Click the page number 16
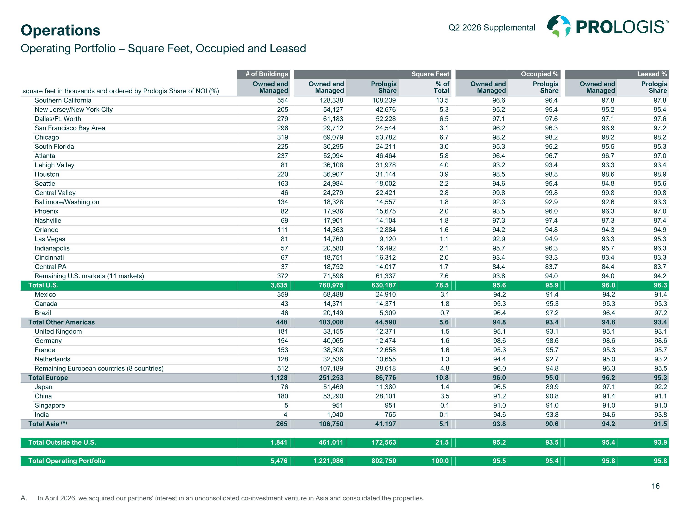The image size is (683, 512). click(655, 486)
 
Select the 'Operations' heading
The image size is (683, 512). click(61, 30)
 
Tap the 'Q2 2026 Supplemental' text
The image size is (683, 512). click(492, 28)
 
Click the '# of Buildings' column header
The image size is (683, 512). click(266, 74)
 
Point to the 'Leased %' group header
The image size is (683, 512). click(652, 74)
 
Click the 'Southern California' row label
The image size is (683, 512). click(63, 100)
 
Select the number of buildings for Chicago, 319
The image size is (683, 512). click(283, 137)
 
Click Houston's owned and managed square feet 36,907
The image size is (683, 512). click(333, 174)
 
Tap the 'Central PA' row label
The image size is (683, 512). click(50, 267)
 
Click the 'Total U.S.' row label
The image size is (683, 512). click(43, 285)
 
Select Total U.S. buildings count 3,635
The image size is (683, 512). click(279, 285)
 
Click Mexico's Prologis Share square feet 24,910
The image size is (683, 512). click(386, 294)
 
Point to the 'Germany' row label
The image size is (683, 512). click(48, 341)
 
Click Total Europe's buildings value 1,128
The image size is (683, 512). click(279, 378)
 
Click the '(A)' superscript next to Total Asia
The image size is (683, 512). click(64, 423)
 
